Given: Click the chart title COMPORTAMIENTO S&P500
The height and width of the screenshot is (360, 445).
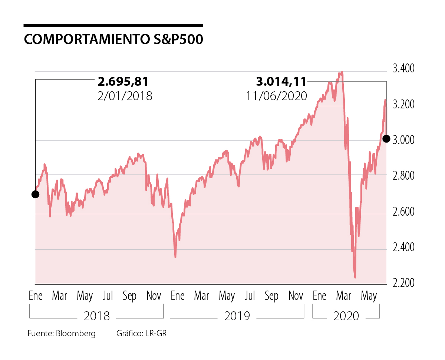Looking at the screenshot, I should click(113, 40).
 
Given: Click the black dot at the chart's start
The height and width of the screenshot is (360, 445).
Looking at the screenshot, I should click(35, 194).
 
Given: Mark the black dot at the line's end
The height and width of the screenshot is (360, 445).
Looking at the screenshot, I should click(386, 139).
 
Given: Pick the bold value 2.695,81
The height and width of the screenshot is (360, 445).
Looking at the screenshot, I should click(123, 81).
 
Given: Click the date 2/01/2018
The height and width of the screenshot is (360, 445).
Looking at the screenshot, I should click(124, 96).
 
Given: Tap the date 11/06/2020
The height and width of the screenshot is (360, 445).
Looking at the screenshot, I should click(276, 96).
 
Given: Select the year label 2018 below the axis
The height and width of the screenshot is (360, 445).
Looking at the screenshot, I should click(97, 316).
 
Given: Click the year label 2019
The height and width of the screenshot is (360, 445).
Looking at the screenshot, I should click(237, 316).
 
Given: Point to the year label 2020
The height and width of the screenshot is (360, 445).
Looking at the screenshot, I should click(346, 316).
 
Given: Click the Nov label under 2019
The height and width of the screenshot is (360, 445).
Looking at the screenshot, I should click(296, 296).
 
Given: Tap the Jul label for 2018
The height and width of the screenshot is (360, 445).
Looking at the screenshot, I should click(108, 296).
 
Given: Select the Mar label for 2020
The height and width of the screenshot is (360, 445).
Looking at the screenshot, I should click(343, 296).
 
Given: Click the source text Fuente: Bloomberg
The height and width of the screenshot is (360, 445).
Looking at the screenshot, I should click(62, 333).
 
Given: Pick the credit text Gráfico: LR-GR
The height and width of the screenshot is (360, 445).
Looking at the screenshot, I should click(141, 333).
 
